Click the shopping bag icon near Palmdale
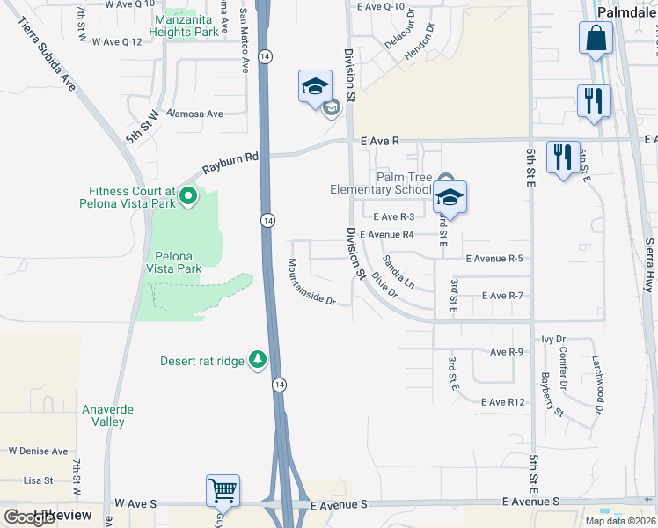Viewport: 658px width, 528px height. [596, 40]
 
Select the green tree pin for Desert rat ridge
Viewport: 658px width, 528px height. [258, 360]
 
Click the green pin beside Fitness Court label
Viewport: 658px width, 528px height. [187, 197]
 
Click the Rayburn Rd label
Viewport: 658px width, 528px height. [231, 163]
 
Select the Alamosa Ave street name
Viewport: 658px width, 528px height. [198, 114]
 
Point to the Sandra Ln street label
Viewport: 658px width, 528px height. [398, 272]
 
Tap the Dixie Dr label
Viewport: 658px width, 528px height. [384, 285]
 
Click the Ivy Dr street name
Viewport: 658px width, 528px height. [553, 339]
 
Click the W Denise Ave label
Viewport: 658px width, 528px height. [38, 451]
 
